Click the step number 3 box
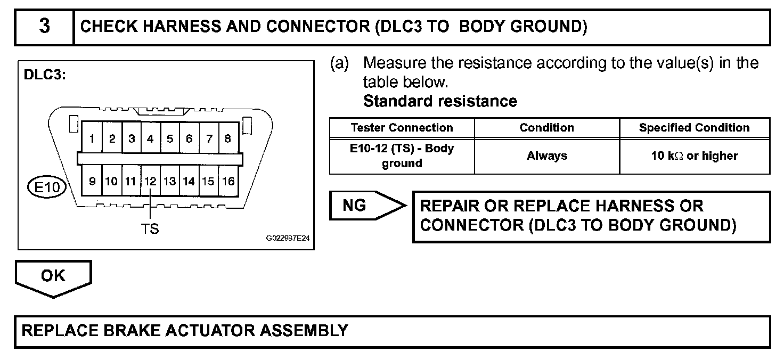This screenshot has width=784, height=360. [44, 27]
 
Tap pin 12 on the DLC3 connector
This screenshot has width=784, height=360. [151, 182]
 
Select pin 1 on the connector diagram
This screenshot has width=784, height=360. [92, 139]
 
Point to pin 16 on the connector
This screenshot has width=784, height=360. [228, 182]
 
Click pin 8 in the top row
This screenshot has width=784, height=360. [227, 139]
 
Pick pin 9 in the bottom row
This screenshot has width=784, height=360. [92, 182]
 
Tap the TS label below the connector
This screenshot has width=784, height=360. [150, 228]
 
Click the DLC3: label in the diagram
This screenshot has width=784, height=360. [45, 75]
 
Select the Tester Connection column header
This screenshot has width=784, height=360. [402, 128]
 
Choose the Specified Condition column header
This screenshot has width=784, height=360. [694, 128]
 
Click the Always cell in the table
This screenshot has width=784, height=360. [546, 156]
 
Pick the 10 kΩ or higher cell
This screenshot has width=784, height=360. [694, 156]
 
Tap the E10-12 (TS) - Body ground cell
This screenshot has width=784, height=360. [402, 156]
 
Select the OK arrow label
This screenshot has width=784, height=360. [53, 276]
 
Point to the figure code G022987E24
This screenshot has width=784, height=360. [288, 240]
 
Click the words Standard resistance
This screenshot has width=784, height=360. [440, 101]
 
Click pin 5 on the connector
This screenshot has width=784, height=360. [170, 139]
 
